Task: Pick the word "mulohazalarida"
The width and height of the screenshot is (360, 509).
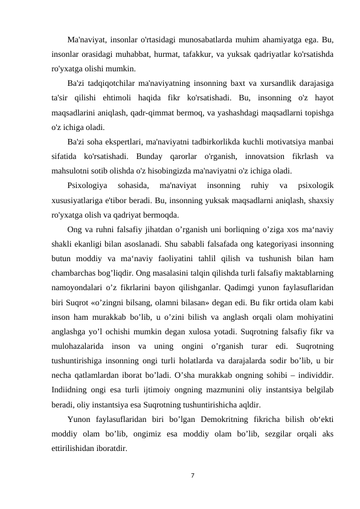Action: coord(79,348)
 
